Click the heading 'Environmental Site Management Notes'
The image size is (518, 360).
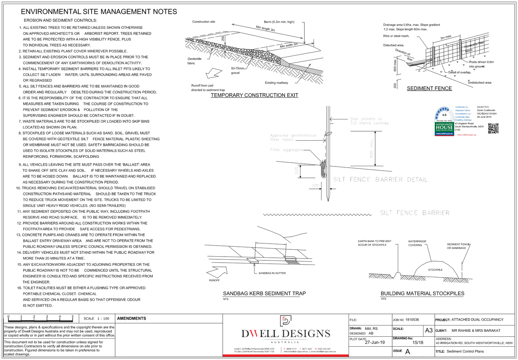tap(99, 12)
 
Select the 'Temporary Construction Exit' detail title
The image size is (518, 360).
tap(254, 95)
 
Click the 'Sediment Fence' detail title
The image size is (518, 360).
tap(429, 88)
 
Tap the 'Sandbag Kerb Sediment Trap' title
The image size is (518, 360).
tap(264, 293)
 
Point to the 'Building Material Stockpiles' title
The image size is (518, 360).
tap(422, 293)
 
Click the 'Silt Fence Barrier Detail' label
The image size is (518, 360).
tap(380, 179)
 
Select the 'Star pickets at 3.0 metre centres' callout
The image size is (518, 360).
tap(369, 121)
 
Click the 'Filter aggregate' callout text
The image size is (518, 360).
tap(287, 150)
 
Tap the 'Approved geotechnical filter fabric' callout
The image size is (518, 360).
tap(293, 138)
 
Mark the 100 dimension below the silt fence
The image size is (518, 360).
tap(315, 186)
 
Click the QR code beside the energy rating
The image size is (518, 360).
tap(493, 128)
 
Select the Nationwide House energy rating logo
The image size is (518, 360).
tap(444, 122)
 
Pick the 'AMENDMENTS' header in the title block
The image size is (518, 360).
tap(131, 318)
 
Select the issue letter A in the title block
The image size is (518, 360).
tap(408, 352)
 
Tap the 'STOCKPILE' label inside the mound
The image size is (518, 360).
tap(435, 270)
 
